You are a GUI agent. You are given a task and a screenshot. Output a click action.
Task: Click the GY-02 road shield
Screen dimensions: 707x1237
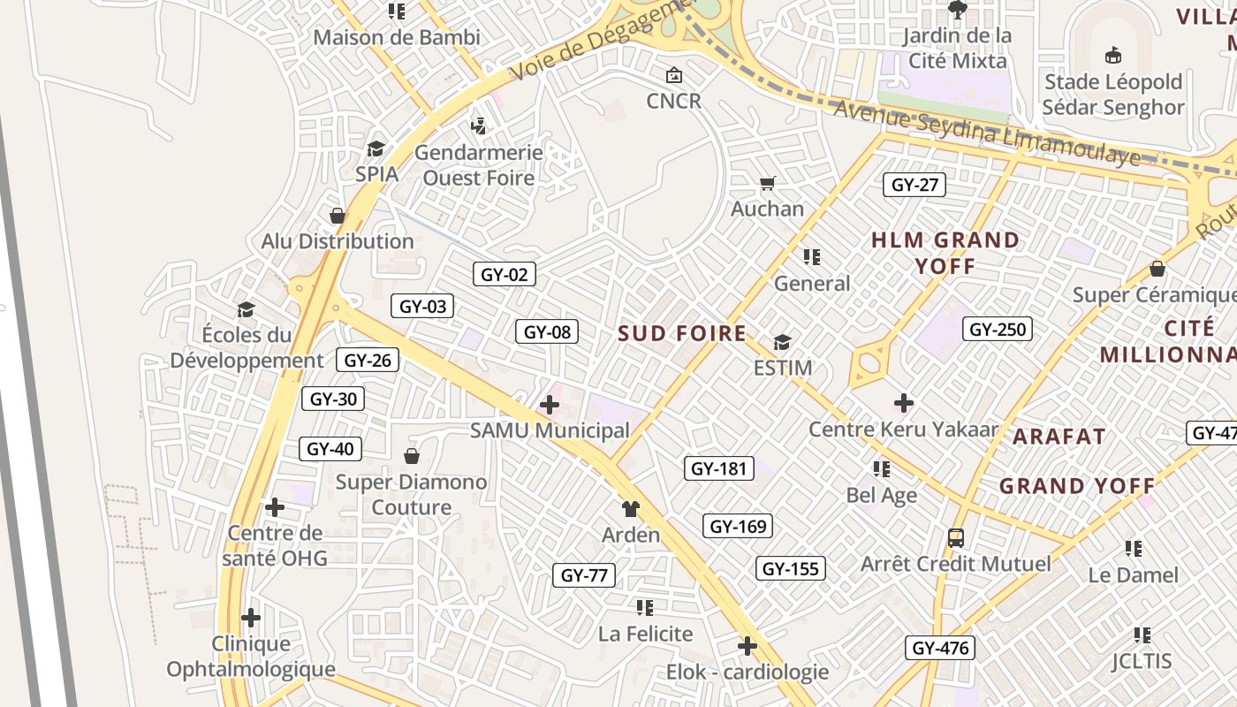pos(504,274)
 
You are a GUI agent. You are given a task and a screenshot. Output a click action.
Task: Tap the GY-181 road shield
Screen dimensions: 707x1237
pos(719,468)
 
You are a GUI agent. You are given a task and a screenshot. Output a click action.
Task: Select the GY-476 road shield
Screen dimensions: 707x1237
pos(940,648)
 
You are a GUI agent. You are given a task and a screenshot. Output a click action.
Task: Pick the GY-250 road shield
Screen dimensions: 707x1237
pos(998,330)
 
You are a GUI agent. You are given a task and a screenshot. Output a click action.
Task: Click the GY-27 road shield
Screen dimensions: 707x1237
pos(914,185)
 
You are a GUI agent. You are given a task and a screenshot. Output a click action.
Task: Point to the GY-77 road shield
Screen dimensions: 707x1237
pos(584,575)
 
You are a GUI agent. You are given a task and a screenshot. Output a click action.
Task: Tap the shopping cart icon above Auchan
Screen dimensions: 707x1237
pos(767,184)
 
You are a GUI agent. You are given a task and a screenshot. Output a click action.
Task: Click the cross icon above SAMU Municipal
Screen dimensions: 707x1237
pos(550,405)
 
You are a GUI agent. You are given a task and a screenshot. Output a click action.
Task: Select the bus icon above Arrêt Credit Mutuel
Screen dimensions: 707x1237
pos(956,537)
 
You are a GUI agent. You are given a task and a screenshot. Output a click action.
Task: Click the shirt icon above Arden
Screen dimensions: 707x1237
pos(630,508)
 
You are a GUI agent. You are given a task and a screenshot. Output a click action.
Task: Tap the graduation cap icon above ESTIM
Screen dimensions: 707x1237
pos(782,341)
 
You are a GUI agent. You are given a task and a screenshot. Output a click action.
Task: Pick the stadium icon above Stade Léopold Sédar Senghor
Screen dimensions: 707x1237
pos(1113,56)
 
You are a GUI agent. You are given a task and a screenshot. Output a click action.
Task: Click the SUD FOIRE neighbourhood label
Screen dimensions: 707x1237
pos(682,333)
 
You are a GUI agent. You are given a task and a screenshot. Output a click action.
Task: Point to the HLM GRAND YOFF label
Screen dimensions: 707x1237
pos(945,252)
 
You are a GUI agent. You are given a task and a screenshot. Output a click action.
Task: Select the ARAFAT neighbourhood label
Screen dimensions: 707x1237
pos(1059,436)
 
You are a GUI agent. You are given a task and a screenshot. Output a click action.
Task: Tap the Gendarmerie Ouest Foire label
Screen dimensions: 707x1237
pos(479,164)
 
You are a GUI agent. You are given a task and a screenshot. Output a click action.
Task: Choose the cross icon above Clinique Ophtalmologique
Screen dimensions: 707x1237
pos(251,617)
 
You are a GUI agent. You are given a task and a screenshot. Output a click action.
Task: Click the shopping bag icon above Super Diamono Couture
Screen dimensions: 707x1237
pos(412,456)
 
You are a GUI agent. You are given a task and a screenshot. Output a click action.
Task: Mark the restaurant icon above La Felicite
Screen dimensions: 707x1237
pos(645,607)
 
